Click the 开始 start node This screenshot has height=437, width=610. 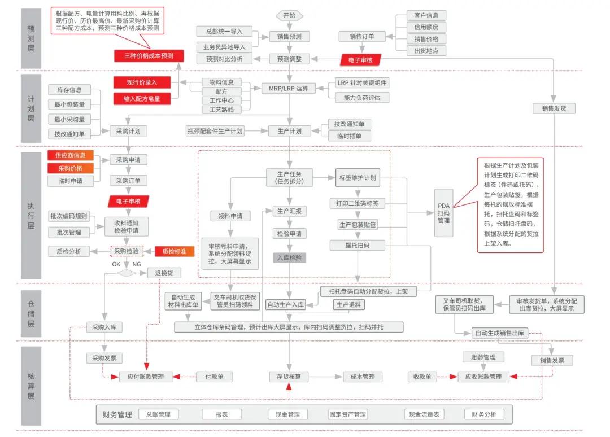(x=289, y=15)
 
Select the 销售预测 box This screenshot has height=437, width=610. (x=289, y=36)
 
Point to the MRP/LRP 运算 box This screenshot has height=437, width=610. (x=289, y=88)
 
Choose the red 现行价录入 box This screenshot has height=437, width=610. (x=141, y=82)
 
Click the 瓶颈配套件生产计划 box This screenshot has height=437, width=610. (x=215, y=131)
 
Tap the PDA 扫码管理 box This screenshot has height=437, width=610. (x=444, y=213)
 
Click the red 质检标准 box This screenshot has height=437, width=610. (x=175, y=251)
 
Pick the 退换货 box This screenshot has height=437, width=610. (x=164, y=273)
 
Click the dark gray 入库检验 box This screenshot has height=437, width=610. (x=289, y=258)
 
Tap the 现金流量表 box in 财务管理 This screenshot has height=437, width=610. (x=424, y=414)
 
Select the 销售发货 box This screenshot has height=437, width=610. (x=554, y=108)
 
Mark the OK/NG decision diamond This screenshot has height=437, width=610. (x=127, y=273)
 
